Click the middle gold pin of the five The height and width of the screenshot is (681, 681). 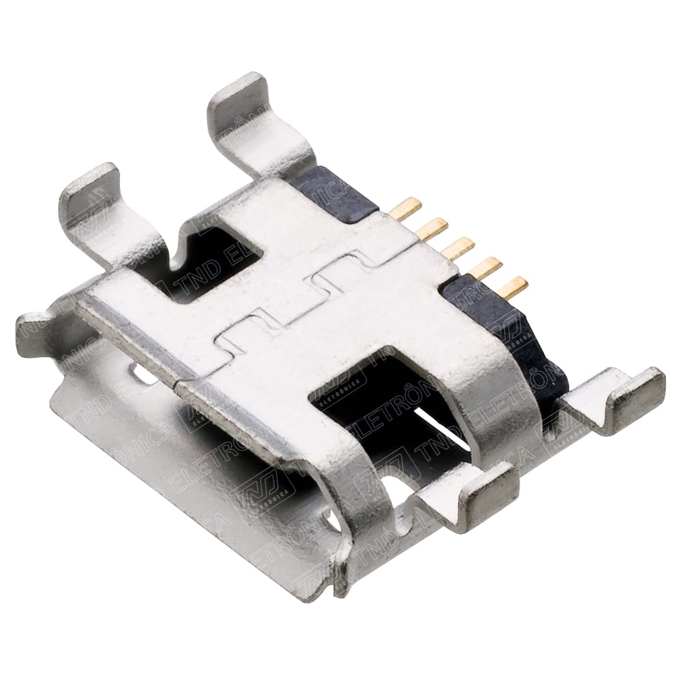click(x=458, y=248)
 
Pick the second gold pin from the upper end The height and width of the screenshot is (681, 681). click(x=432, y=228)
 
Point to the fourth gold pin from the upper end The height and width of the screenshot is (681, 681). click(x=485, y=268)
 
